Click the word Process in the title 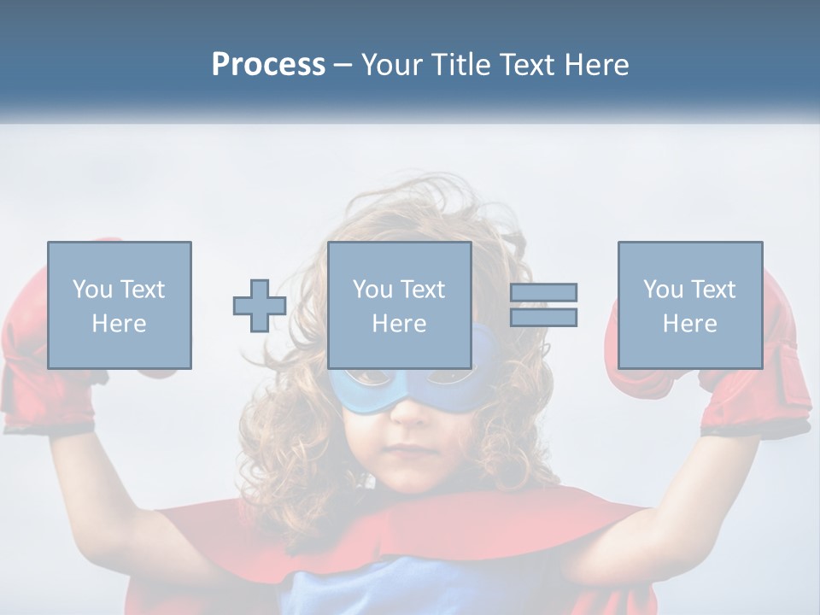(268, 65)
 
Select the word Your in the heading (392, 65)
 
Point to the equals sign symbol (543, 305)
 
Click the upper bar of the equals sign (543, 293)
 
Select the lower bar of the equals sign (543, 317)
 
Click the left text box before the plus (119, 305)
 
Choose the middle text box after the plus (399, 305)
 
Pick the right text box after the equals (689, 305)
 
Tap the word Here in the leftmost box (119, 324)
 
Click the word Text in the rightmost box (712, 290)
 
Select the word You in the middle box (372, 290)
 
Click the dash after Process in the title (343, 65)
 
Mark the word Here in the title (597, 65)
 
